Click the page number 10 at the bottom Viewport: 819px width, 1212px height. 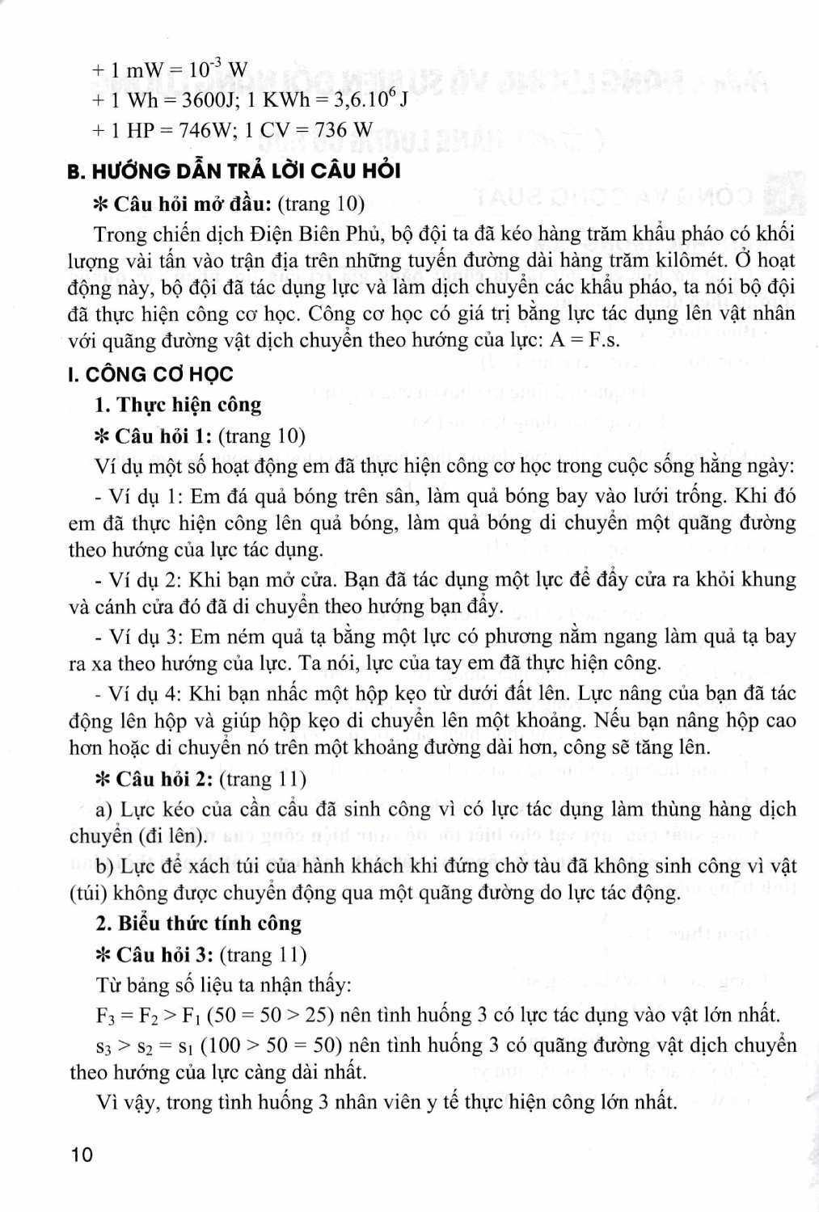click(x=82, y=1155)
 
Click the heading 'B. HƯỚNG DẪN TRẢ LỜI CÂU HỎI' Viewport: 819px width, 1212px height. click(x=234, y=171)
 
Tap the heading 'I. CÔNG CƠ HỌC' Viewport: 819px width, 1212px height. click(x=150, y=374)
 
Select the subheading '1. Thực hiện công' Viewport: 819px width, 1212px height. click(x=179, y=405)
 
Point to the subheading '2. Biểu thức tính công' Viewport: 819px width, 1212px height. click(x=198, y=924)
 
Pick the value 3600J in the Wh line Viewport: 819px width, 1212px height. click(x=202, y=99)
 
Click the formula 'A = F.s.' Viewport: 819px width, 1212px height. click(x=585, y=339)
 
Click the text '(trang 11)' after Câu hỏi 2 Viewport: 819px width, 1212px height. click(x=264, y=779)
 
